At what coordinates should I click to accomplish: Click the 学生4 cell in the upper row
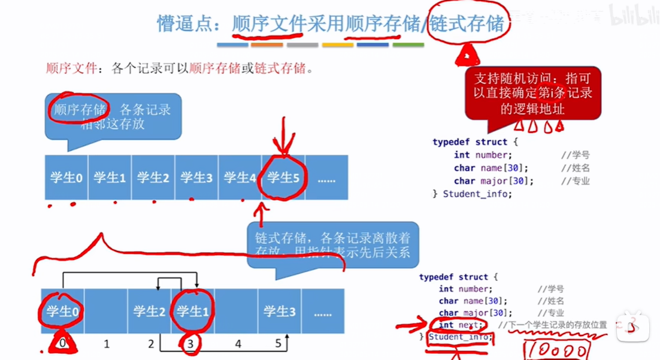click(x=240, y=177)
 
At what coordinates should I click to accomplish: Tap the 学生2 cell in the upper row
click(x=153, y=177)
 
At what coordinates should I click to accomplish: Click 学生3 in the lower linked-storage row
click(x=280, y=311)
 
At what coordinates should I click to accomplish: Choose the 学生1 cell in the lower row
click(x=193, y=311)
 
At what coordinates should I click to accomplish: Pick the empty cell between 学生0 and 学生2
click(x=106, y=311)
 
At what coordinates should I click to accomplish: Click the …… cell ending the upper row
click(x=326, y=177)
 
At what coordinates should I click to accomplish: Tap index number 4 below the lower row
click(x=238, y=344)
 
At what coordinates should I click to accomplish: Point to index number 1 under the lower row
click(x=107, y=344)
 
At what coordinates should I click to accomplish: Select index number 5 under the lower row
click(x=278, y=344)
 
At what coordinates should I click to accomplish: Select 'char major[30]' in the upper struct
click(x=494, y=180)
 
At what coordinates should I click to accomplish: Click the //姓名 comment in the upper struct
click(x=576, y=168)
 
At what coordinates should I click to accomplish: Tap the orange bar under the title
click(x=267, y=45)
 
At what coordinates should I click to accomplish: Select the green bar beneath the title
click(x=408, y=45)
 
